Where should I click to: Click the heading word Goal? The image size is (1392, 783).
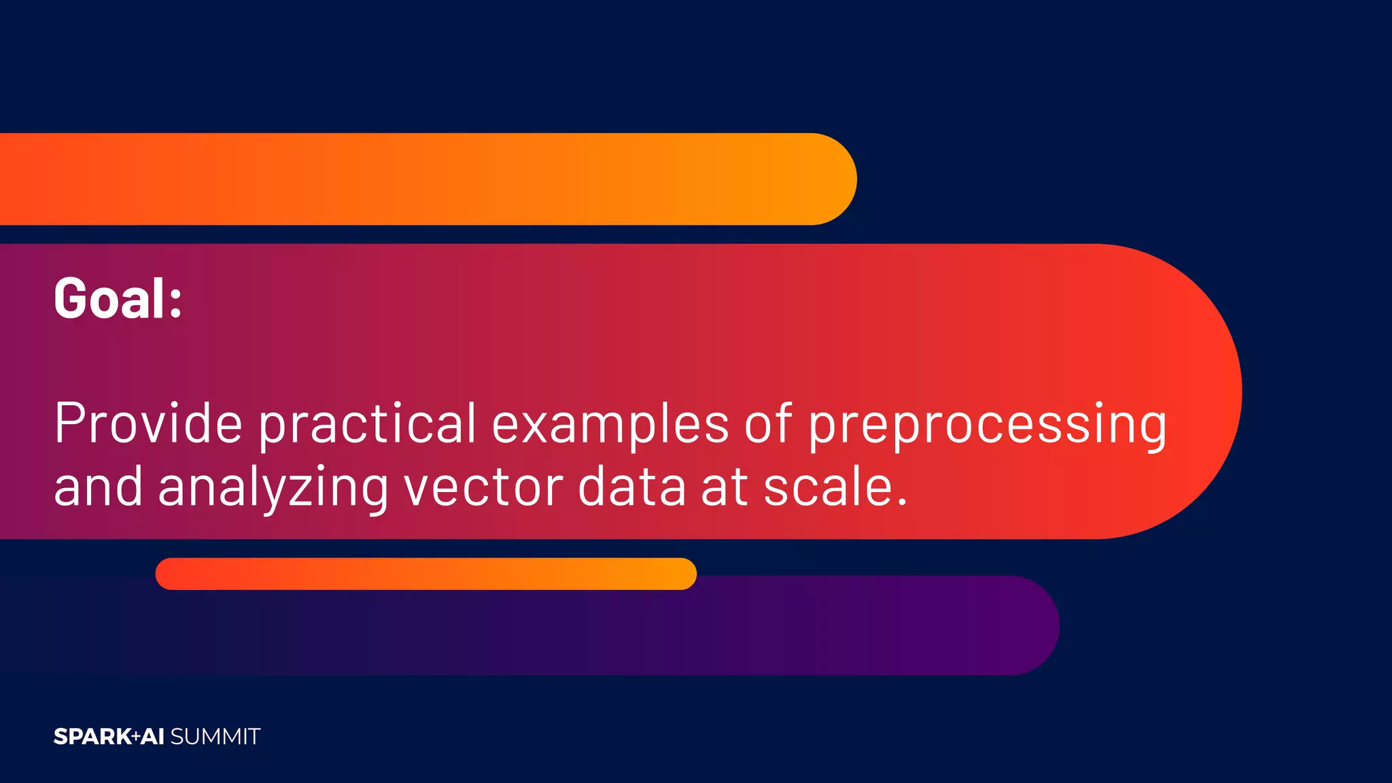pos(118,298)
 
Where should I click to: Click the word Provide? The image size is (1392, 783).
pos(148,423)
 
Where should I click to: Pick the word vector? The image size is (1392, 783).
pos(483,487)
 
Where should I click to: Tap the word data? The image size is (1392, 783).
pos(631,487)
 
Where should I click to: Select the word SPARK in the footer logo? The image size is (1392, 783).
pos(92,737)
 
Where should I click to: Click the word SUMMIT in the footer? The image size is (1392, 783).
pos(215,737)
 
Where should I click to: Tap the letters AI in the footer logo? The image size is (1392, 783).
pos(152,737)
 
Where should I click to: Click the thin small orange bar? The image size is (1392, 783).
pos(425,574)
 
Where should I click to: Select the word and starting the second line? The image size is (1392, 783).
pos(98,487)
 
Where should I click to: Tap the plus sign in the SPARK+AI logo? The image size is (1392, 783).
pos(136,736)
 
